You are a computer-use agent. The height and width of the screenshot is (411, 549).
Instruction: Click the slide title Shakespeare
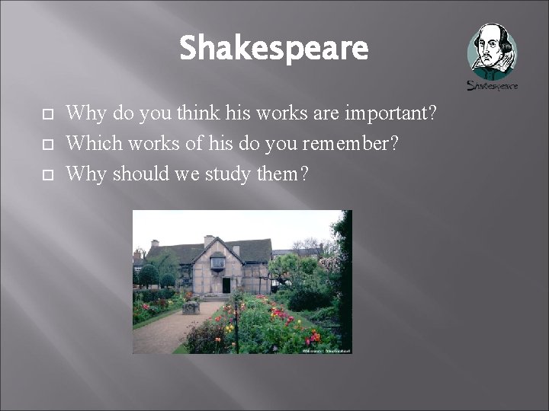click(x=274, y=49)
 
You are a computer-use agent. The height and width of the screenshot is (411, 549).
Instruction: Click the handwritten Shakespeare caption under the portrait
click(x=492, y=85)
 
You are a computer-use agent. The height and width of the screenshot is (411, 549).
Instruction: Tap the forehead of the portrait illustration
click(x=491, y=35)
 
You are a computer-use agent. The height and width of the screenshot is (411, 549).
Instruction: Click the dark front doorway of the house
click(x=226, y=285)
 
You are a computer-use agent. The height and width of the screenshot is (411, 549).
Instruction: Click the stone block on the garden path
click(x=191, y=307)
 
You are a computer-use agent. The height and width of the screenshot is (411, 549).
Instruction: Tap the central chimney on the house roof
click(x=207, y=241)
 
